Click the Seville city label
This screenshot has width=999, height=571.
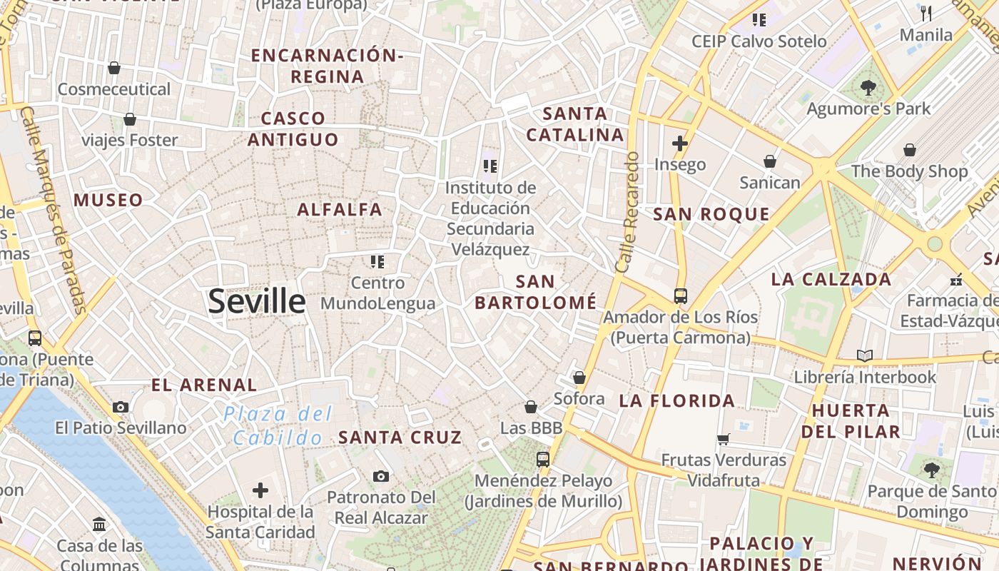pos(257,302)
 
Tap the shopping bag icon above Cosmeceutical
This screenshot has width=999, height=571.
pos(113,68)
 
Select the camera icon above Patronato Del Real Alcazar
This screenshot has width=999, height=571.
pos(381,476)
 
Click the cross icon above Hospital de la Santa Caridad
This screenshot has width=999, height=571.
pos(260,490)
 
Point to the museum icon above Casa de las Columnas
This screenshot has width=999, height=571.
pos(100,525)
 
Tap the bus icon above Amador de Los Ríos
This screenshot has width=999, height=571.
pos(680,295)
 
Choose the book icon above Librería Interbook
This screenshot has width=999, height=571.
pos(864,355)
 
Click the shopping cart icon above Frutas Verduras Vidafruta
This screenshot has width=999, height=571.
pos(724,439)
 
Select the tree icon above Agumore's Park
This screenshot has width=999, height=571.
pos(868,88)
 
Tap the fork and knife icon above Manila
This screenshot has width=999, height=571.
pos(926,13)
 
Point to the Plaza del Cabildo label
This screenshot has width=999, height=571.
pos(278,425)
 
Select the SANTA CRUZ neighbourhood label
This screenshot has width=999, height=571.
pos(400,437)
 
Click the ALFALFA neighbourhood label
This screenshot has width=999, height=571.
pos(340,210)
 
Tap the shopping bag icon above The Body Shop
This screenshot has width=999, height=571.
pos(910,150)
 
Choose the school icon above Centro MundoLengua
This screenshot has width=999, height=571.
pos(377,262)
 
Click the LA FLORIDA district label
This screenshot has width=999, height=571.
pos(676,400)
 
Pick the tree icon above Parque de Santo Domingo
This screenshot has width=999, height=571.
pos(931,470)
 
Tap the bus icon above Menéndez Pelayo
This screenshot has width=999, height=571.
pos(543,459)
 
